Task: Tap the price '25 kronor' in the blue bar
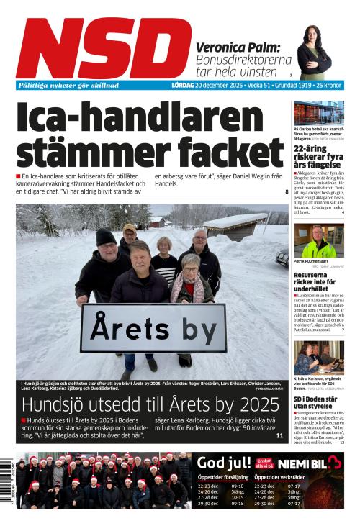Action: pos(327,85)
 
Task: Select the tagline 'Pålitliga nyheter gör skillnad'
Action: pos(68,85)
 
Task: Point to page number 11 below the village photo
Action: pos(279,435)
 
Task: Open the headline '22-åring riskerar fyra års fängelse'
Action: pos(318,157)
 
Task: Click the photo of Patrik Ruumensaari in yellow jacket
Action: pos(318,241)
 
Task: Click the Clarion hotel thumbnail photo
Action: pos(318,112)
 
